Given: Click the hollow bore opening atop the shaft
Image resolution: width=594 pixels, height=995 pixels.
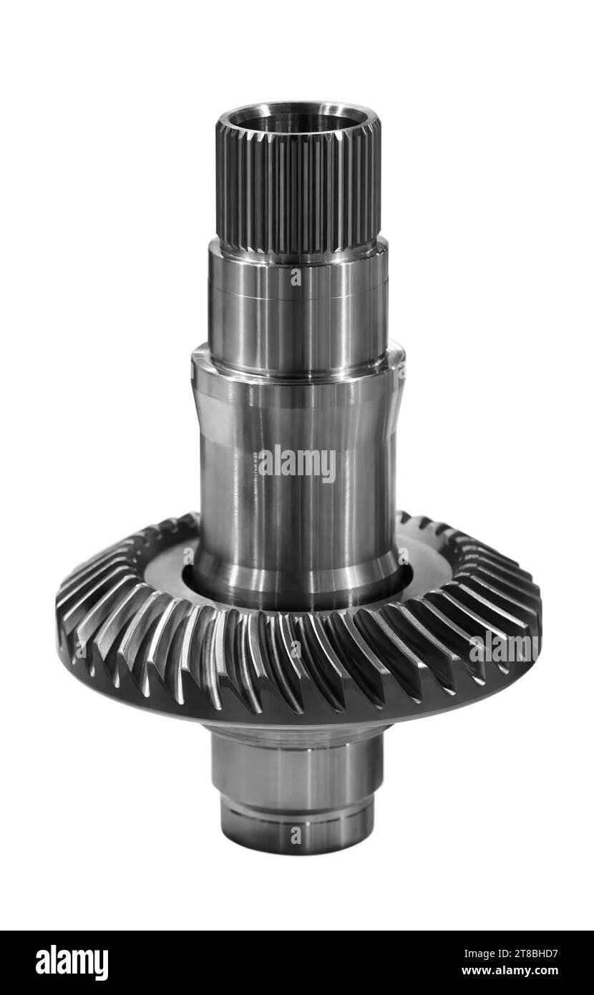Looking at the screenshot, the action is click(x=298, y=118).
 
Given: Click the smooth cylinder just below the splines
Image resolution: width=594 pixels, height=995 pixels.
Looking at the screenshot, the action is click(x=298, y=306).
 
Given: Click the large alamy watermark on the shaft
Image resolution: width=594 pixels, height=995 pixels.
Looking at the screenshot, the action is click(x=297, y=463).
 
